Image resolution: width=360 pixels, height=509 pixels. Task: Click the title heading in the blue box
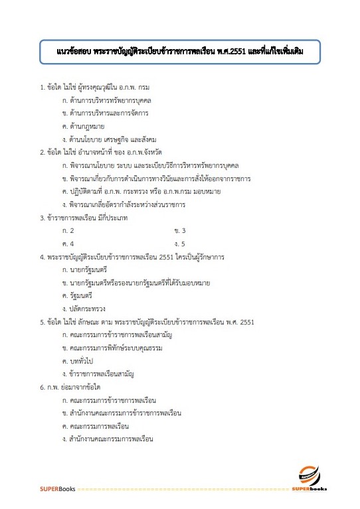click(179, 50)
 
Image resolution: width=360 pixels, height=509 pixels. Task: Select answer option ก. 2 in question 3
click(67, 230)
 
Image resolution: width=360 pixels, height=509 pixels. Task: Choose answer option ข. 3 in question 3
click(179, 230)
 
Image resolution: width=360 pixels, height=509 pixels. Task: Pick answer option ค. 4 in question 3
click(67, 244)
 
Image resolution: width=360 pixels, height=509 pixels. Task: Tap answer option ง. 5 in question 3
click(179, 244)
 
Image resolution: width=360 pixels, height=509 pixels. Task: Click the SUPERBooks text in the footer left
click(56, 490)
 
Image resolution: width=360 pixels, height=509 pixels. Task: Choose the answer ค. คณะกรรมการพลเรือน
click(98, 426)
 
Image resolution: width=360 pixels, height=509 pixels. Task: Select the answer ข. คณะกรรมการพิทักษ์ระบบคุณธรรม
click(112, 348)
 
